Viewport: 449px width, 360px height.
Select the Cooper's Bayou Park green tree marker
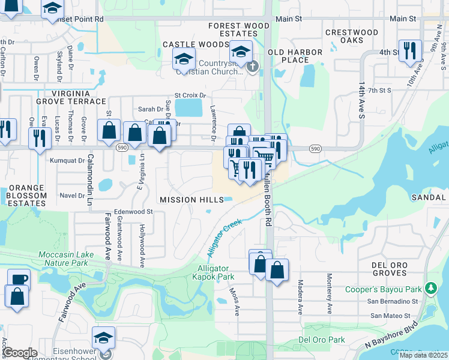[x=430, y=289]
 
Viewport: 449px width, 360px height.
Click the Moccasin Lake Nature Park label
[x=71, y=259]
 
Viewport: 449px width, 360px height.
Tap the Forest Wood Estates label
[x=239, y=30]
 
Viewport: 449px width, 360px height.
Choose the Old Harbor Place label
[x=295, y=56]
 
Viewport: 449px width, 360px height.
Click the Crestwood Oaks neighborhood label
[x=352, y=36]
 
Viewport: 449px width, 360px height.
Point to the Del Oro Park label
[x=322, y=340]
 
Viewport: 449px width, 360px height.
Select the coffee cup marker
[x=19, y=279]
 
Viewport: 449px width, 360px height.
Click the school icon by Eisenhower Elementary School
[x=103, y=337]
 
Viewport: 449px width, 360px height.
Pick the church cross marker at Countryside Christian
[x=253, y=66]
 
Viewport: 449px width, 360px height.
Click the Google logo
[x=19, y=353]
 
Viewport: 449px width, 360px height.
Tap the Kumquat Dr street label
[x=67, y=160]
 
